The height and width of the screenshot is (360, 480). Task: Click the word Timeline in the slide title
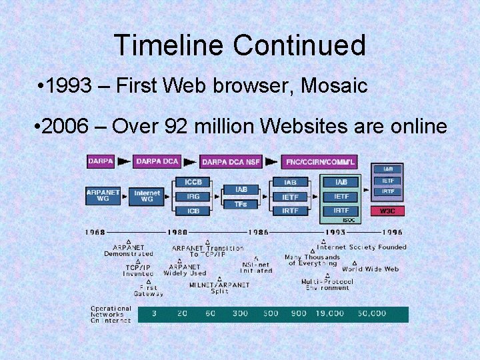pos(169,45)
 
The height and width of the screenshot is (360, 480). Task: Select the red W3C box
pos(387,211)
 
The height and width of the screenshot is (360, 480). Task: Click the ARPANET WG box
pos(103,196)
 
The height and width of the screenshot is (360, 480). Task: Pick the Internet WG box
pos(147,196)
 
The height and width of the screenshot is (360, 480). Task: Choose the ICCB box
pos(193,182)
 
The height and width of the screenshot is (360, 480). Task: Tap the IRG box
pos(193,197)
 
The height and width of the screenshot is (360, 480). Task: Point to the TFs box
pos(240,204)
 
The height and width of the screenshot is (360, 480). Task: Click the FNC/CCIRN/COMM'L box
pos(320,162)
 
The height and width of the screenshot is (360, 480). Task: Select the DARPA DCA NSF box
pos(231,162)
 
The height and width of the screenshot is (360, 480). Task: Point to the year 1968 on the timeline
pos(95,232)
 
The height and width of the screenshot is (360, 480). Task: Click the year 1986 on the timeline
pos(257,232)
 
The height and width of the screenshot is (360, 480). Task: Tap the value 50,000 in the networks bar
pos(371,313)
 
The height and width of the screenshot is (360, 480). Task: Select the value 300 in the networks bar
pos(240,313)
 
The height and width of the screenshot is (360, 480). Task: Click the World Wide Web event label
pos(370,269)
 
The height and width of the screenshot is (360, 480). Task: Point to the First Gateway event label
pos(147,290)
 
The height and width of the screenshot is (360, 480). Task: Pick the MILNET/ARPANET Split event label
pos(219,288)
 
